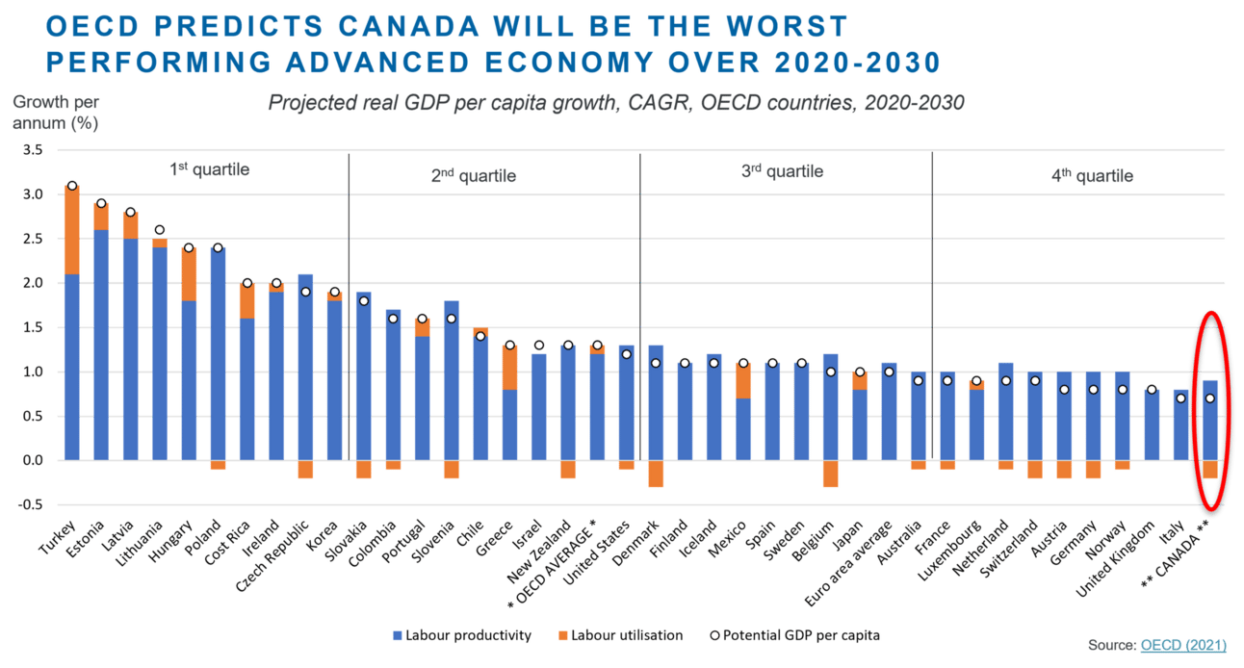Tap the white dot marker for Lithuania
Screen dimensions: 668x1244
tap(159, 230)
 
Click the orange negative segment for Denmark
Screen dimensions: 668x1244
tap(656, 474)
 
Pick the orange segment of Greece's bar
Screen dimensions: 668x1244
tap(510, 367)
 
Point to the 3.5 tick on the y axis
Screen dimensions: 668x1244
tap(32, 150)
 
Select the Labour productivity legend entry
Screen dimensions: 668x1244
tap(463, 635)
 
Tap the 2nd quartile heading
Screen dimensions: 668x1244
tap(473, 176)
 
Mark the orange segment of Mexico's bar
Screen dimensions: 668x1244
tap(742, 380)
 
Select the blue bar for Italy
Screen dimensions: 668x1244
tap(1180, 424)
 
